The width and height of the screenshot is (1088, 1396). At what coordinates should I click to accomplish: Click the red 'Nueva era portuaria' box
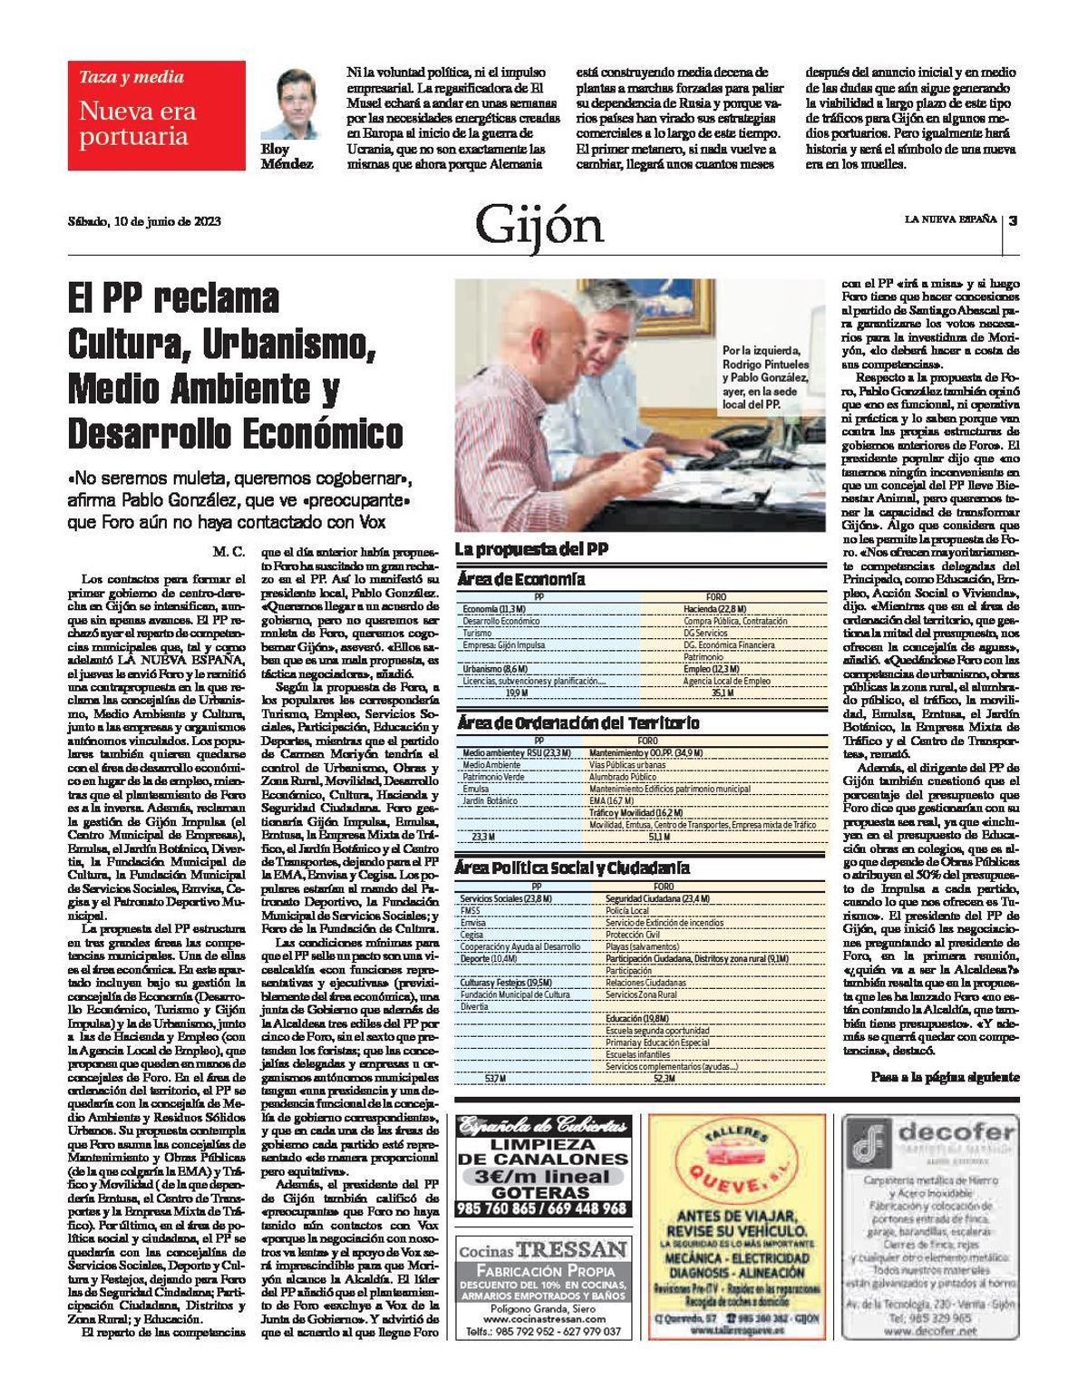(156, 115)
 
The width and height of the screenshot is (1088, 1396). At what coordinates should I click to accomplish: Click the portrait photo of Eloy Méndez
(285, 102)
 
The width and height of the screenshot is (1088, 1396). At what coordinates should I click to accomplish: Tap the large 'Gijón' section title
(539, 226)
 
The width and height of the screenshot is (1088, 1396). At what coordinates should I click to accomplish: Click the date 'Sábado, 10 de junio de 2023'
(144, 220)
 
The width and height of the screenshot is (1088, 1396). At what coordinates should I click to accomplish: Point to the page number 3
(1013, 220)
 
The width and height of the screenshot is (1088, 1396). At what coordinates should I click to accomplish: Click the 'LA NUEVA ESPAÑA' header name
(949, 219)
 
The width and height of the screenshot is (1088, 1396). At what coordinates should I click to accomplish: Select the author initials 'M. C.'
(229, 551)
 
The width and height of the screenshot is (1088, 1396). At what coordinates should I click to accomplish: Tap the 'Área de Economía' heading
(520, 579)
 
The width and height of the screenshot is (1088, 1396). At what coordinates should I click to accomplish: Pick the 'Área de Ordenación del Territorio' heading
(578, 723)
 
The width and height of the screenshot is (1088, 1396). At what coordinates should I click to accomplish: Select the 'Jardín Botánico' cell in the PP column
(490, 801)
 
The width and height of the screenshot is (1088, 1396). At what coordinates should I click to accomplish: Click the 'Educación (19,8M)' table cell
(637, 1019)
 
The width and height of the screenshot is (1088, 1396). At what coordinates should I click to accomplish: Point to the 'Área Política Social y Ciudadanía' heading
(572, 868)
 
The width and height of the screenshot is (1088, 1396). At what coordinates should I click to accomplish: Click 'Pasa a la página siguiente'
(944, 1077)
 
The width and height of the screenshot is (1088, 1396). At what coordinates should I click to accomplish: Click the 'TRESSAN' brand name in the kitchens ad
(571, 1249)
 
